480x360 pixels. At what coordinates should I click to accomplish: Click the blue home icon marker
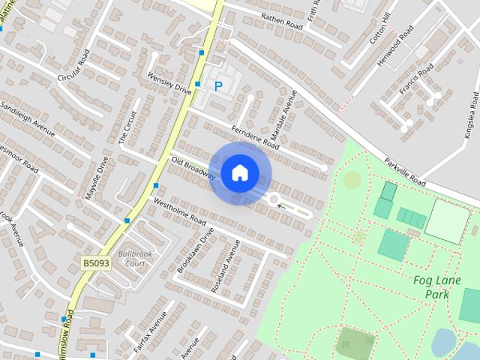point(239,172)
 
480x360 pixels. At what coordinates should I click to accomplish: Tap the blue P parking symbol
point(218,87)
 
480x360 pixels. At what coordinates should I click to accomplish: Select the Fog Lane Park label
point(431,287)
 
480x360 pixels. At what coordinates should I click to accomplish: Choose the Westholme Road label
point(179,212)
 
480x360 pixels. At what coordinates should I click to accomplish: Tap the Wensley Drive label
point(169,83)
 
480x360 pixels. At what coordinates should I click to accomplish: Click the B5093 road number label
point(96,263)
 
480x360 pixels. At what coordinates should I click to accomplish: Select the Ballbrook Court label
point(135,259)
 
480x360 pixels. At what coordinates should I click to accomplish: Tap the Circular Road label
point(74,67)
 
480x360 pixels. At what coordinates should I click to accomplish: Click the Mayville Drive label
point(97,178)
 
